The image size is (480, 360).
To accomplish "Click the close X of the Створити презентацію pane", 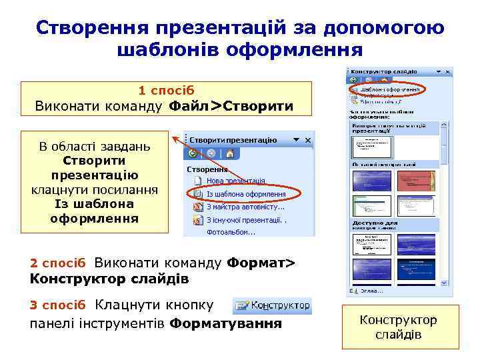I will coord(307,141).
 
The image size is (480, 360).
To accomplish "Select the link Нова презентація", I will coord(235,181).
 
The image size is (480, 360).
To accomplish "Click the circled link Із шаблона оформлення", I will coord(245,194).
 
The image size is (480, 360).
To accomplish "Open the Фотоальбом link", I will coord(231,232).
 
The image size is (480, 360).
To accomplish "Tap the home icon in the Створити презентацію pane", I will coord(229,153).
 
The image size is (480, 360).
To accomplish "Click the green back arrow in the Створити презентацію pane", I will coord(194,153).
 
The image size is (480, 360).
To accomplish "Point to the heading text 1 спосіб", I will coord(167,89).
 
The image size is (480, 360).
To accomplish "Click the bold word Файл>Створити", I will coord(231,105).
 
